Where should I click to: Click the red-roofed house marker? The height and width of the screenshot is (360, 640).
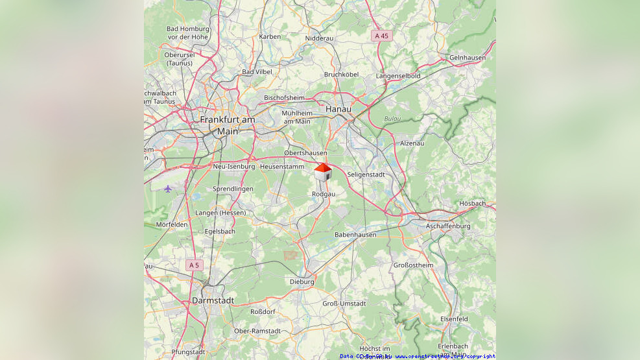point(323,172)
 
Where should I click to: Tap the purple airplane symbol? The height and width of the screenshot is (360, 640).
point(168,189)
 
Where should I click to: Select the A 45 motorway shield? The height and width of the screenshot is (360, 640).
point(381,36)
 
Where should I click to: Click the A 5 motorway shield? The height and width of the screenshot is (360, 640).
point(193,265)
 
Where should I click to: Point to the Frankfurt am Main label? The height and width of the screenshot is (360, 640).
point(228,125)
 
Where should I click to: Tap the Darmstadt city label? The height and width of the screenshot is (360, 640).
point(213,300)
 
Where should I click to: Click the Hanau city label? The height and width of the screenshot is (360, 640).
point(338,109)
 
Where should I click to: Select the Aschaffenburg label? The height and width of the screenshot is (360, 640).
point(447,226)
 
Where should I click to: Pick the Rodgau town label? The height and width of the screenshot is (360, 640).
point(324,194)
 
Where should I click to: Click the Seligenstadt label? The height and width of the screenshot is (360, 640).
point(366,174)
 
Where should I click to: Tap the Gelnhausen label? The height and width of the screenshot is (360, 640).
point(467,58)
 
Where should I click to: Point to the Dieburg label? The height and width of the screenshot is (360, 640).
point(302,282)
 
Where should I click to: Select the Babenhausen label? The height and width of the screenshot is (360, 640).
point(355,234)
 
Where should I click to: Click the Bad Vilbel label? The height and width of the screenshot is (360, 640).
point(257,72)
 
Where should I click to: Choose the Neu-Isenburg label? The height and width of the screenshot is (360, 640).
point(233,167)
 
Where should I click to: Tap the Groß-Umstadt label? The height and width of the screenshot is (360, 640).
point(344,304)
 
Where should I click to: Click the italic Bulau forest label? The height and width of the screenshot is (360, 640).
point(392,119)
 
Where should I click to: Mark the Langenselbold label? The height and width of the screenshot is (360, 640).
point(398,76)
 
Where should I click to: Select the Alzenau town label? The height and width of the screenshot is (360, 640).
point(412,143)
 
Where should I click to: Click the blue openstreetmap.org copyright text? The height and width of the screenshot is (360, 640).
point(445,356)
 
